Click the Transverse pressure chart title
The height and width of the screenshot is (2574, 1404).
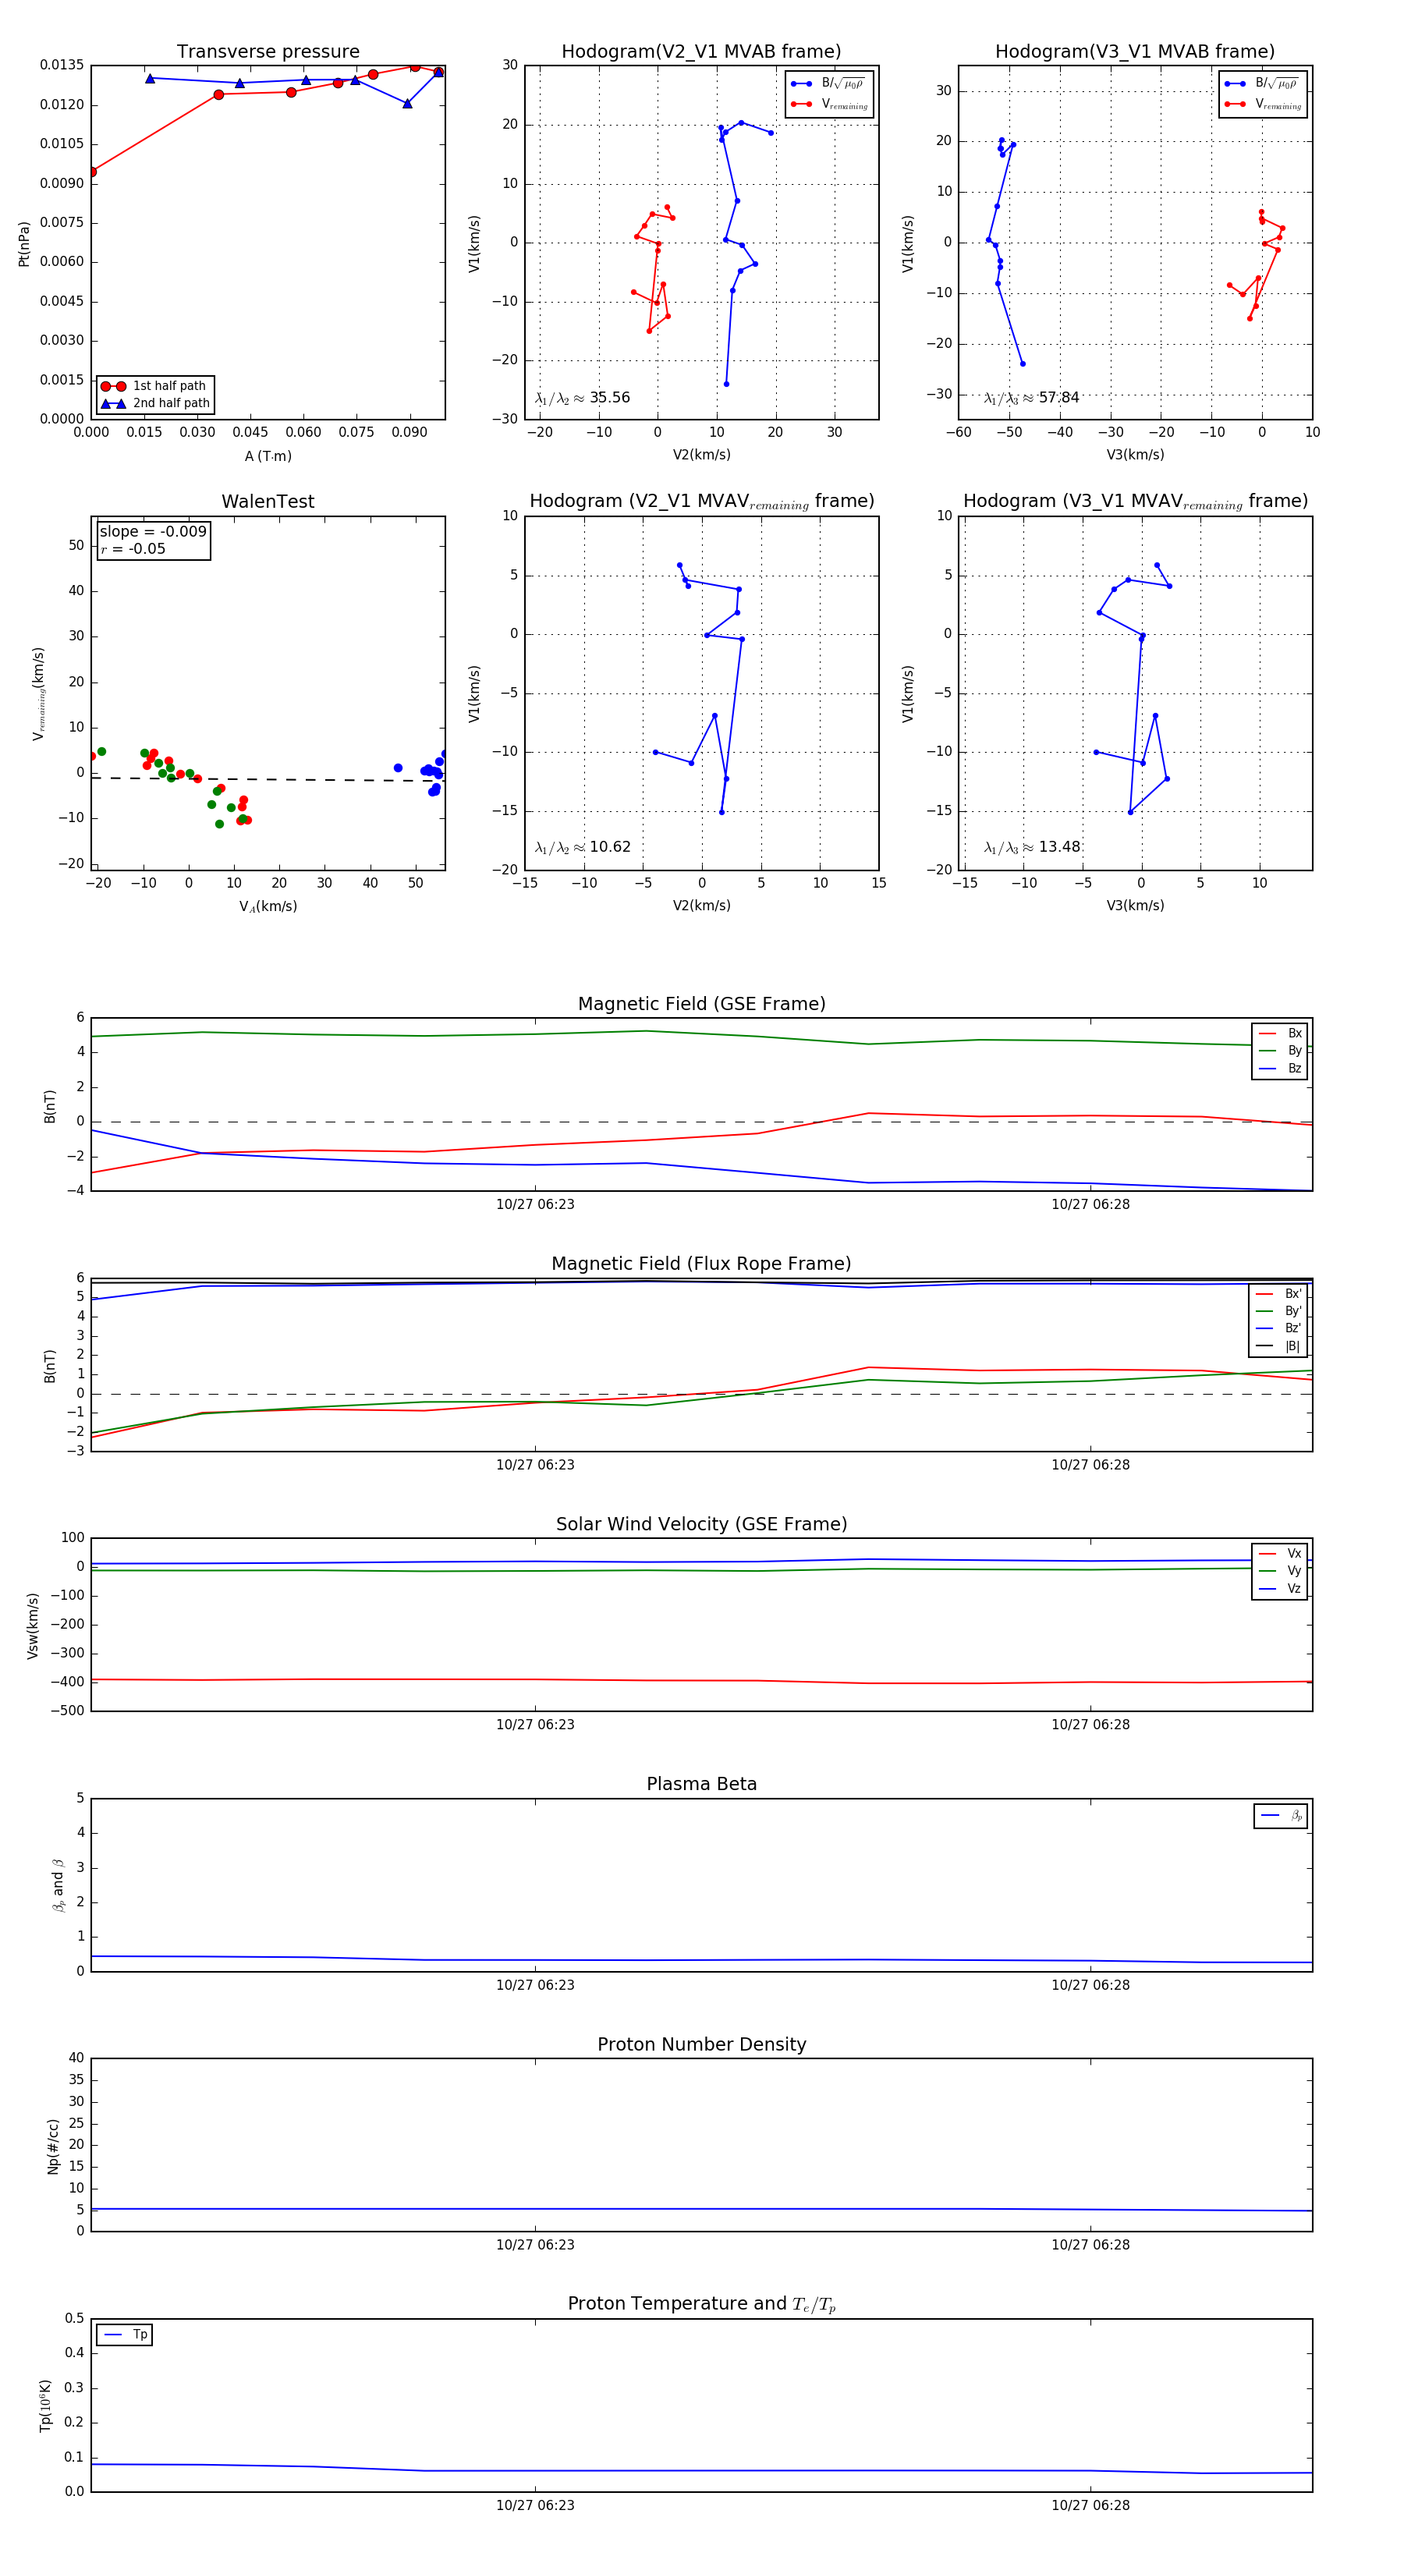pyautogui.click(x=268, y=52)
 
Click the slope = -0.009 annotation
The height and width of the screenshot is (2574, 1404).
pyautogui.click(x=153, y=532)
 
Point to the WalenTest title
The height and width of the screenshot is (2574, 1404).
pyautogui.click(x=268, y=502)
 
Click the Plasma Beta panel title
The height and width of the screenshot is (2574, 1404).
pyautogui.click(x=701, y=1785)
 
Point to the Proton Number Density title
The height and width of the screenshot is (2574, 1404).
pyautogui.click(x=701, y=2044)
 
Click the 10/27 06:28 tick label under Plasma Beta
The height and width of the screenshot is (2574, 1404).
pyautogui.click(x=1090, y=1985)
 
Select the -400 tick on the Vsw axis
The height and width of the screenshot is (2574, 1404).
pyautogui.click(x=67, y=1682)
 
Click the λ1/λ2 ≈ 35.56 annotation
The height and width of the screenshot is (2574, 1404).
pyautogui.click(x=583, y=398)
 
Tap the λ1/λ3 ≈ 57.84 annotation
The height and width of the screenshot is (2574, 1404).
pyautogui.click(x=1031, y=398)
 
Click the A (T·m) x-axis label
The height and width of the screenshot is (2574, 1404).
pyautogui.click(x=268, y=456)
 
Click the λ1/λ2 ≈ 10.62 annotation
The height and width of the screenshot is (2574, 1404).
pyautogui.click(x=583, y=847)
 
